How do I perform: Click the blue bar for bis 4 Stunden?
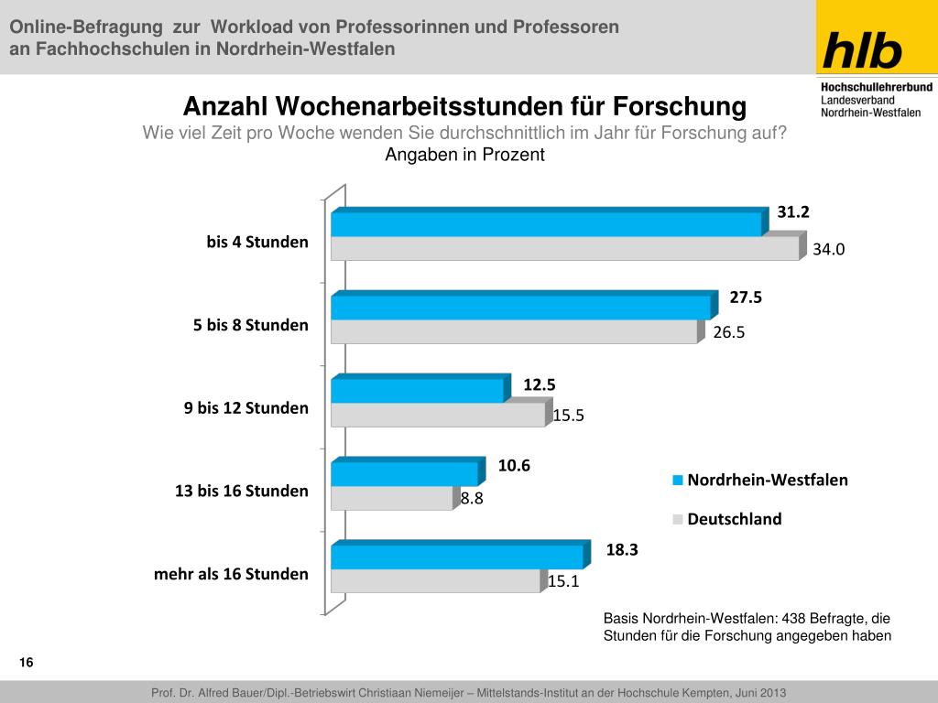546,224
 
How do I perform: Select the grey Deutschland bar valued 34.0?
564,248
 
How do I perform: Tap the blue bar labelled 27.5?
520,308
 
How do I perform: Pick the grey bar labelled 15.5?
438,415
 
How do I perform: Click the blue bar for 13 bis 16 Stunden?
404,474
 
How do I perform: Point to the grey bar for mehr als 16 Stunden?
435,580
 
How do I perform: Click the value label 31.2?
793,212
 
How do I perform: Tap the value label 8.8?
472,499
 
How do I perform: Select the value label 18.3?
621,549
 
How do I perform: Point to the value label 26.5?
728,332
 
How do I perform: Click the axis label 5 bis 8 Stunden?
250,325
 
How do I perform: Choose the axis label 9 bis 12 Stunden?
245,408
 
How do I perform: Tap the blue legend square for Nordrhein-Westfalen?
678,480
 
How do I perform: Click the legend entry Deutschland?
735,519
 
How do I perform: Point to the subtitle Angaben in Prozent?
464,155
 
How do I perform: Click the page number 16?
26,663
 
